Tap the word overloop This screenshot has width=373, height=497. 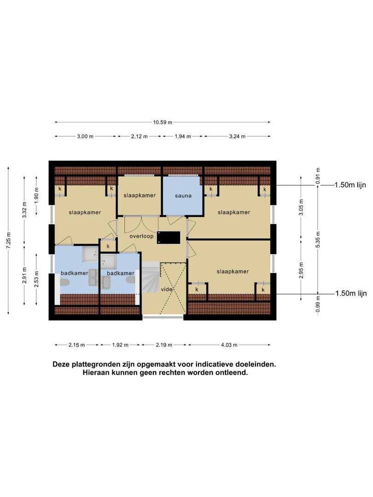141,236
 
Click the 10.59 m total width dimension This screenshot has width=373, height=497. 163,122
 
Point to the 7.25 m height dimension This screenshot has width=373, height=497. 8,241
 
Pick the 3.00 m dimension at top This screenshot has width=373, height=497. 85,136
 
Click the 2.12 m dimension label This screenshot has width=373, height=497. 139,136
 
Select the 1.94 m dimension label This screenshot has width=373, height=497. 182,136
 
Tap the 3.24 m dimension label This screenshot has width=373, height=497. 237,136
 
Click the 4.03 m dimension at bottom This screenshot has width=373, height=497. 229,345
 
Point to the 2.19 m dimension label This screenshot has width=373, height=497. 164,345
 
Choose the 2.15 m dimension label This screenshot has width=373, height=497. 76,345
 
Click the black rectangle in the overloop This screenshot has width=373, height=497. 168,237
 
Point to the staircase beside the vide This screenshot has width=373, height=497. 150,277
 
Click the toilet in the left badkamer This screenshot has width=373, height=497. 65,283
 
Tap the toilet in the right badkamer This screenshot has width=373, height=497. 131,280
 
